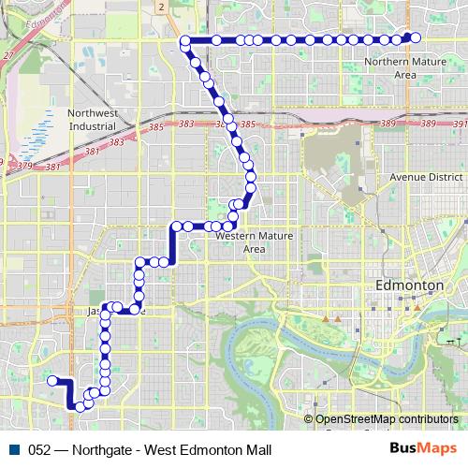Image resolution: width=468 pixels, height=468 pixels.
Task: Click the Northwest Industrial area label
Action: [x=92, y=119]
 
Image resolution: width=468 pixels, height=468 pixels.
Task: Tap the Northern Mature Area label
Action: [x=405, y=68]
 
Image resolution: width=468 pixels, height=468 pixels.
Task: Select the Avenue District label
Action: [x=426, y=176]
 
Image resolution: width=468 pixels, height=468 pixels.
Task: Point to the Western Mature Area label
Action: [x=247, y=243]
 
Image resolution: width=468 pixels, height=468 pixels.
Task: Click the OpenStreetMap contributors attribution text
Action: [x=386, y=419]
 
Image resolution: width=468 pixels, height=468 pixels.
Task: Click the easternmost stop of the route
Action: [x=416, y=37]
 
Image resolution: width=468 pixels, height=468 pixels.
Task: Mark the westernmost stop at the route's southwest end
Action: [x=53, y=380]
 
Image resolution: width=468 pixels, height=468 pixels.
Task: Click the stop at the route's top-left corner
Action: [x=185, y=40]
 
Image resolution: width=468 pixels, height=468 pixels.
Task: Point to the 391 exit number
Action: [x=459, y=124]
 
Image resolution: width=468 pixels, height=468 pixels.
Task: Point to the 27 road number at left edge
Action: [x=7, y=56]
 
